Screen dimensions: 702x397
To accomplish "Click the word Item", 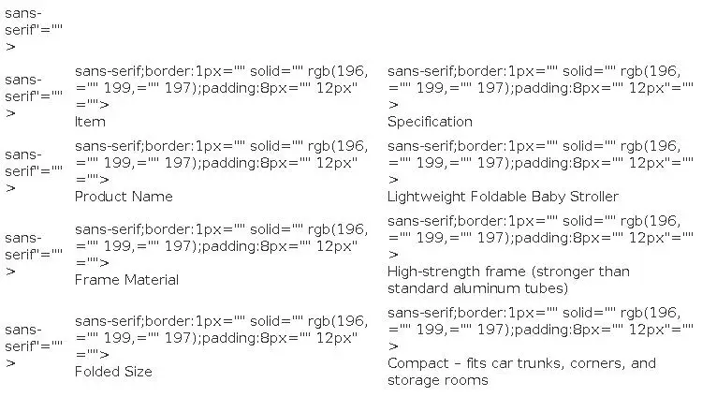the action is coord(90,122).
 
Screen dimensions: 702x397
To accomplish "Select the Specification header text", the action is coord(430,122).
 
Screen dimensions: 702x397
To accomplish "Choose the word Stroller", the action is coord(594,197).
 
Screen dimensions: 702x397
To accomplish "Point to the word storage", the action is coord(412,380).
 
